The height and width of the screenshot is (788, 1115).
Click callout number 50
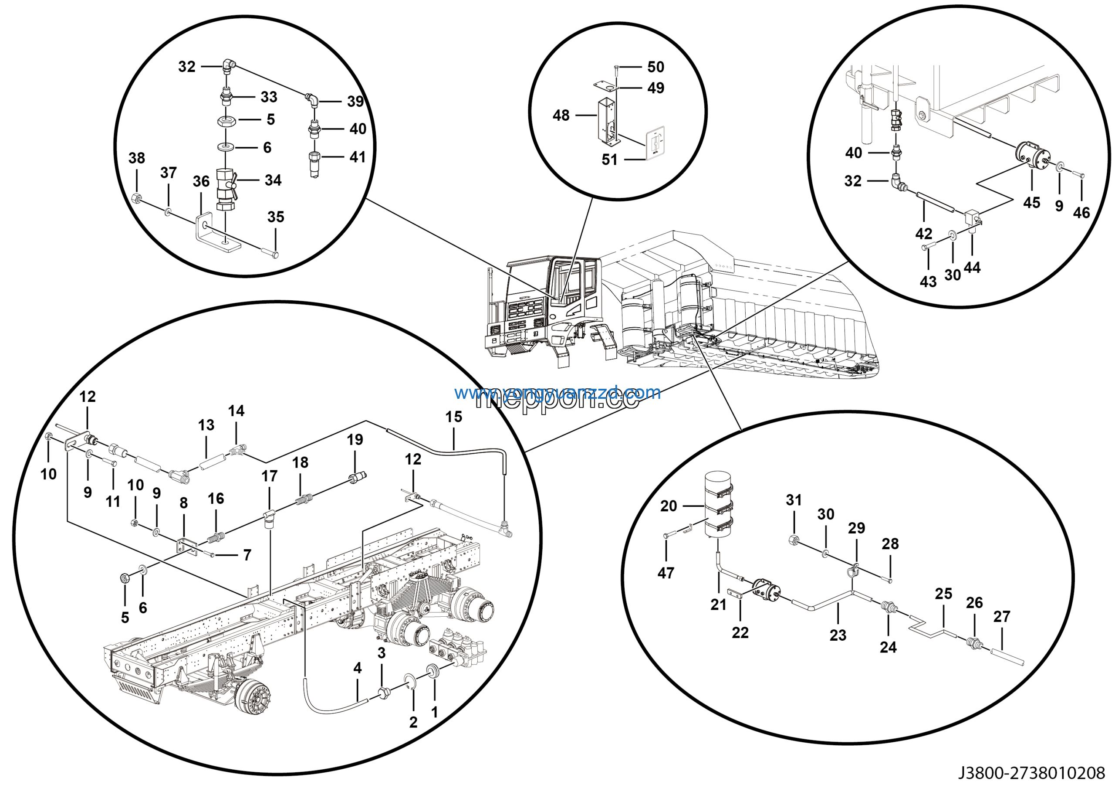pos(655,67)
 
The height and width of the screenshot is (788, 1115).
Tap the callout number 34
pos(273,180)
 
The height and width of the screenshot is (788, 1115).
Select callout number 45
pos(1031,203)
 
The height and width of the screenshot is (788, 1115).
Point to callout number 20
pos(668,506)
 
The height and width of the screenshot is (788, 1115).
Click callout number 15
pos(453,416)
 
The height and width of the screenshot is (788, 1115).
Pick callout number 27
pos(1001,616)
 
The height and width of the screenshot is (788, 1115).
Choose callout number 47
pos(666,573)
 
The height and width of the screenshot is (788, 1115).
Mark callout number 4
pos(358,668)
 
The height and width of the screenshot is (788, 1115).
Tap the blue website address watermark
pos(557,392)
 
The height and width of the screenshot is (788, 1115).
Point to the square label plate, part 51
pos(655,143)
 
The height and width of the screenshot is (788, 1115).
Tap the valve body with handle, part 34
pos(225,190)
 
